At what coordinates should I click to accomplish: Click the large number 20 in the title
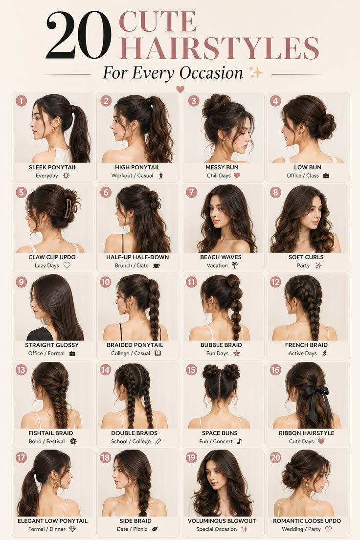point(79,35)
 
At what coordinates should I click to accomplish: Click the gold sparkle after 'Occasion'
point(256,72)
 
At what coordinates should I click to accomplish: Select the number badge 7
point(192,192)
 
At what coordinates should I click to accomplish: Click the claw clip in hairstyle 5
point(70,208)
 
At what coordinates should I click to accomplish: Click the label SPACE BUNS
point(220,433)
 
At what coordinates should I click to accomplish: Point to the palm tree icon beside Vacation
point(235,265)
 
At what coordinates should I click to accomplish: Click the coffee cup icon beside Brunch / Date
point(156,266)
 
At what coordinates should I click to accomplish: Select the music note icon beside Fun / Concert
point(239,441)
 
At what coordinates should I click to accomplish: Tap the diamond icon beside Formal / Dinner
point(72,529)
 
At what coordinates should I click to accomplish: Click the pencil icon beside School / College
point(158,441)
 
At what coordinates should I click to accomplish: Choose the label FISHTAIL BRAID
point(51,433)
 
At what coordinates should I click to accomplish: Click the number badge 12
point(275,282)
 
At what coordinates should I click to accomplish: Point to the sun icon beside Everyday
point(66,176)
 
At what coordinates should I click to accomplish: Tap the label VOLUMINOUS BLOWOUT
point(222,521)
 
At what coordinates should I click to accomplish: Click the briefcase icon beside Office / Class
point(326,176)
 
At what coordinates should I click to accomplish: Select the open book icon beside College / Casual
point(158,353)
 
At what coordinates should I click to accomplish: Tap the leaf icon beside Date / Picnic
point(155,529)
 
